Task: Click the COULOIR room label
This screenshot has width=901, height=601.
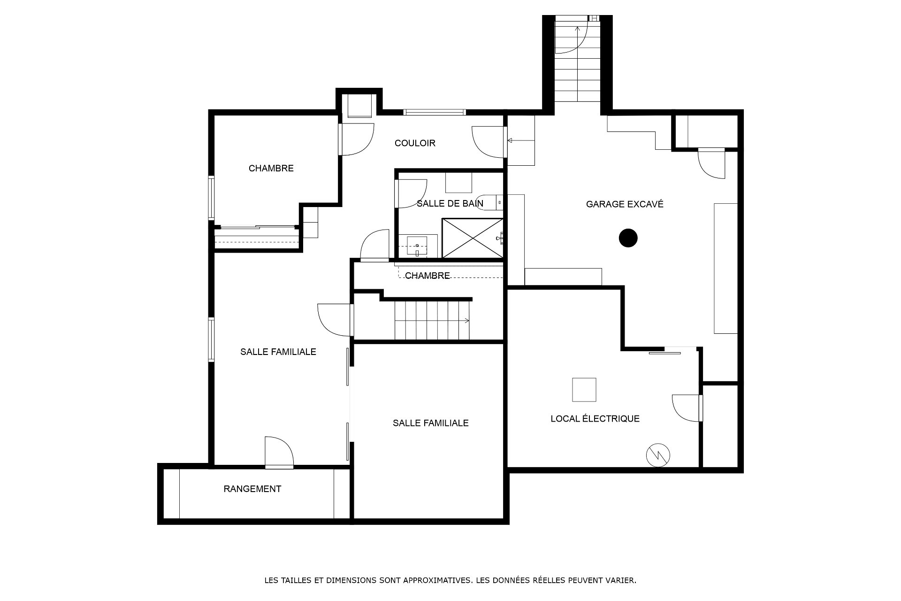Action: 415,143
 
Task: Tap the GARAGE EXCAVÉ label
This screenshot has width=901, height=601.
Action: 625,204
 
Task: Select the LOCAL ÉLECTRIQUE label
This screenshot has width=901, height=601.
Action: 595,418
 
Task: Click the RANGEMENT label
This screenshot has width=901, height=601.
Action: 252,489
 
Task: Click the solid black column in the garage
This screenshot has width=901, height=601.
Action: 628,238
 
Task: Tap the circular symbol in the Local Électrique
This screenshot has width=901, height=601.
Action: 658,455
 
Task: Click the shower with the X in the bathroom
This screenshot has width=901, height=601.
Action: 472,238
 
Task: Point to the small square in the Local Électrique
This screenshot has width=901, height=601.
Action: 584,390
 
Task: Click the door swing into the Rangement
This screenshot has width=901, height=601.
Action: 279,452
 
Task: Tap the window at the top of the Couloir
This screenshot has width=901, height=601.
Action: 434,112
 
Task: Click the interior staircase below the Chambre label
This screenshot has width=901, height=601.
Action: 432,320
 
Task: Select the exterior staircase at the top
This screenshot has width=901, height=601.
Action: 578,62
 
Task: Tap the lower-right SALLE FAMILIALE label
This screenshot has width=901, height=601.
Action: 431,423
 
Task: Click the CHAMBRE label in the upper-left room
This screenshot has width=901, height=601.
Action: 271,168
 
